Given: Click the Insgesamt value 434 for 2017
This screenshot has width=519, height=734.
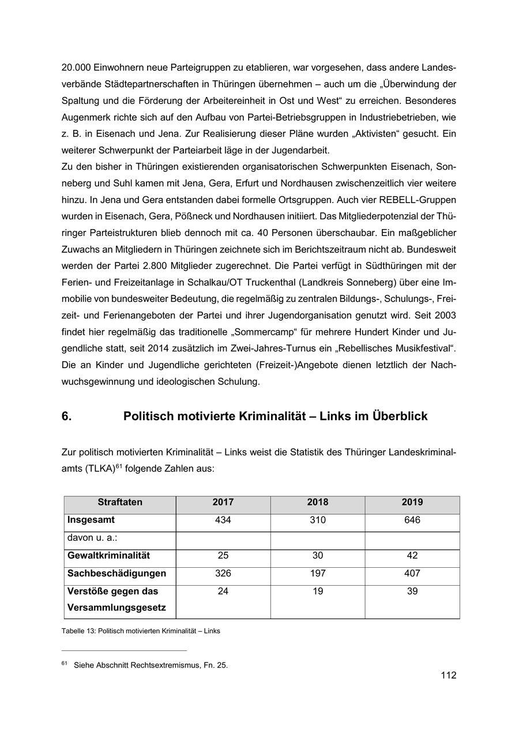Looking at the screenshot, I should [223, 520].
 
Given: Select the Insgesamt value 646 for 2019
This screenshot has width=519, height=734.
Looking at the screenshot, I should [412, 520].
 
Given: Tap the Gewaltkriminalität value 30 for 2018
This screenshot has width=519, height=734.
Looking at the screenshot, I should [318, 556].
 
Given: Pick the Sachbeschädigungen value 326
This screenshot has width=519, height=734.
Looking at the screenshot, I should [223, 574].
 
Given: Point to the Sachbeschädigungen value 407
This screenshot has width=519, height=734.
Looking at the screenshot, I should [412, 574].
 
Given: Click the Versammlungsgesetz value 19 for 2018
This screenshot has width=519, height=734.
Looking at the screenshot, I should [318, 591].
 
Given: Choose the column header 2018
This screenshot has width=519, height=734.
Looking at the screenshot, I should [318, 503].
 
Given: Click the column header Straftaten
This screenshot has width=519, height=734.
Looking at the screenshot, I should [120, 503].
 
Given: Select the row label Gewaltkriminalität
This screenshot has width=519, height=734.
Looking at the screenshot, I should [108, 556].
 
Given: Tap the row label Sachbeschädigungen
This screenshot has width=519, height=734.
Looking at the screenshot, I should [116, 574].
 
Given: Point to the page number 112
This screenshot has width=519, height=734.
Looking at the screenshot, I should [448, 675].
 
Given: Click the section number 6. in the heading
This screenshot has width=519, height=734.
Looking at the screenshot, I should [66, 416].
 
